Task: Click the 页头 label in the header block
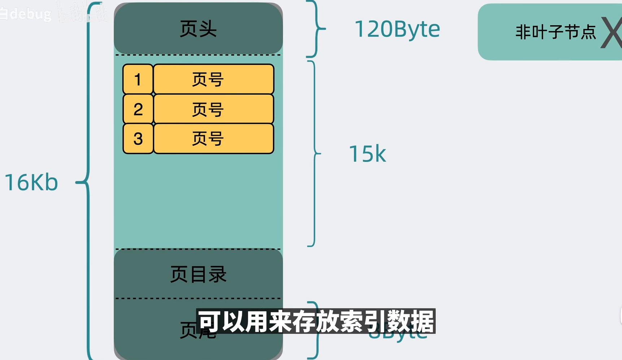(x=198, y=29)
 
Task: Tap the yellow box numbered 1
(x=138, y=79)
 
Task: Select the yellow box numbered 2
(x=138, y=109)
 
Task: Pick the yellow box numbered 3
(x=138, y=139)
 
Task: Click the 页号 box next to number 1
(x=214, y=79)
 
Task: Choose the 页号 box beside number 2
(x=214, y=109)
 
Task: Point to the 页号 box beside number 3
(x=214, y=139)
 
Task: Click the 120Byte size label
(x=397, y=29)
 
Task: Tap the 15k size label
(x=367, y=154)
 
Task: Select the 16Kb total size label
(x=31, y=183)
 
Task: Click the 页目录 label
(x=198, y=274)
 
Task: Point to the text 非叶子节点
(x=555, y=32)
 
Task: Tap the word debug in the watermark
(x=30, y=14)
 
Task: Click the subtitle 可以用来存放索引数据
(x=316, y=321)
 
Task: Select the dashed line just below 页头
(x=198, y=55)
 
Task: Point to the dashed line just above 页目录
(x=198, y=249)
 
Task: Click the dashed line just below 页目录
(x=198, y=298)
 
